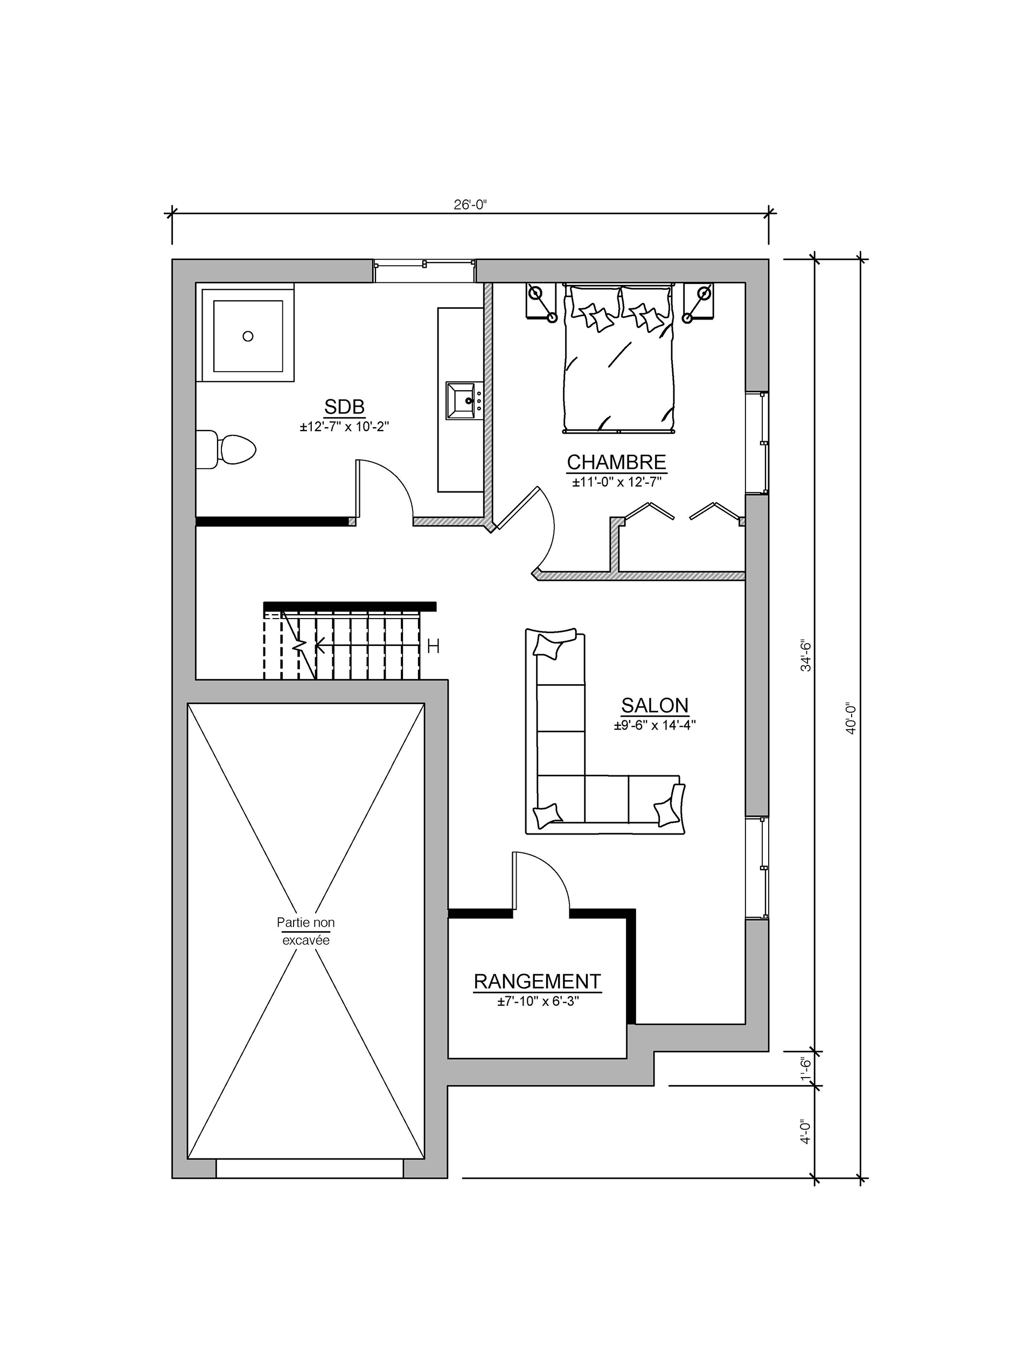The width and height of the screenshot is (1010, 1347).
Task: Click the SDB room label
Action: (344, 406)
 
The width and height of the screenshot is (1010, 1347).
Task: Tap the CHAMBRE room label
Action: (616, 462)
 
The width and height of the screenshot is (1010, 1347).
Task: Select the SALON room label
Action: (654, 705)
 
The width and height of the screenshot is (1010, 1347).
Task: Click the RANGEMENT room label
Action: (537, 981)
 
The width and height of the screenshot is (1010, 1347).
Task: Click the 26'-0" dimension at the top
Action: (470, 205)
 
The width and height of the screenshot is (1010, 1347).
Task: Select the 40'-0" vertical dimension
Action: (851, 719)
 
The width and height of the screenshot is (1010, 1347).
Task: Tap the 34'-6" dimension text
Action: (805, 655)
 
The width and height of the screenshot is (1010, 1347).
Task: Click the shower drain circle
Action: (248, 336)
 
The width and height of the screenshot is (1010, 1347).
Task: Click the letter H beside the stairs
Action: (433, 646)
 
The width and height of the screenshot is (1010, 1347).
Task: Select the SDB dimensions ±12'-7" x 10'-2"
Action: (344, 427)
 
